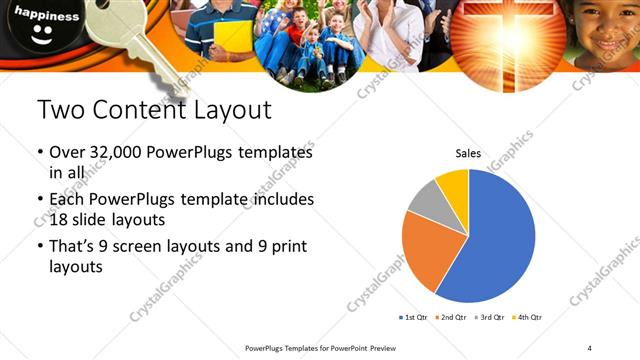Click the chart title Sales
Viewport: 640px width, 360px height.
(468, 154)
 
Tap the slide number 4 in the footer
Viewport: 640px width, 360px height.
(590, 347)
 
